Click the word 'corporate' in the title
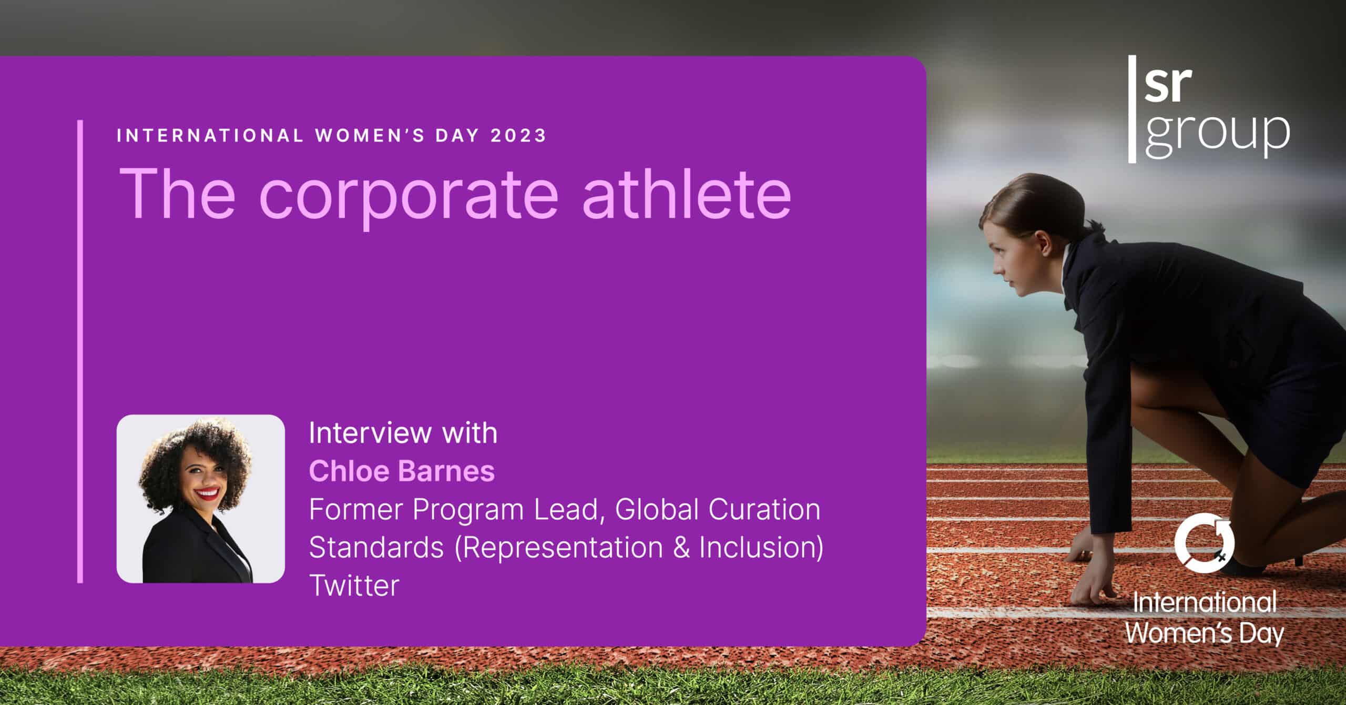[408, 195]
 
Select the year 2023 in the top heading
[518, 136]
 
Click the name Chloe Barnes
[402, 471]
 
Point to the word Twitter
[354, 585]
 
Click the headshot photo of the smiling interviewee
[200, 498]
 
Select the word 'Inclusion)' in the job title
[761, 547]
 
